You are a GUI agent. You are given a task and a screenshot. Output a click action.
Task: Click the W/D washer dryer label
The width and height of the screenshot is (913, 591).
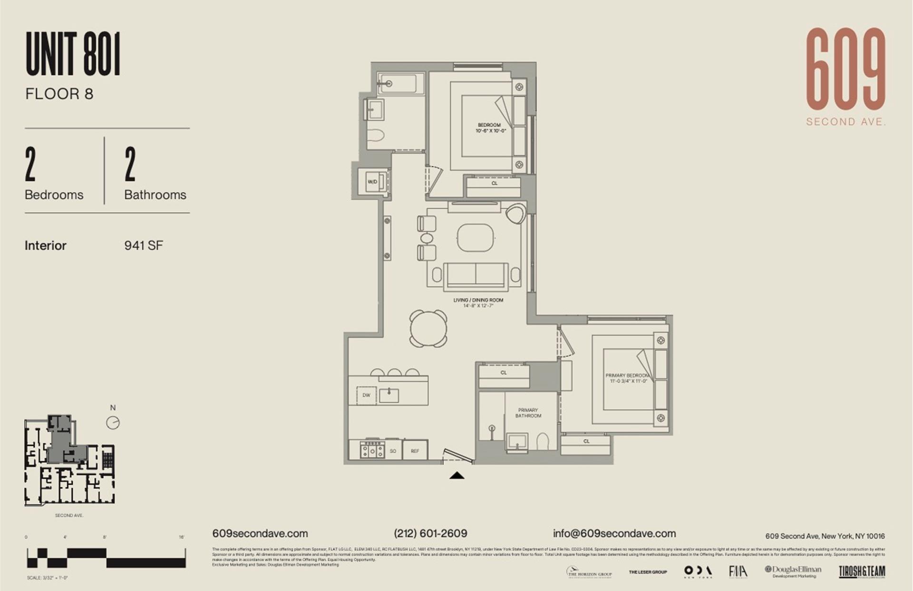(x=372, y=182)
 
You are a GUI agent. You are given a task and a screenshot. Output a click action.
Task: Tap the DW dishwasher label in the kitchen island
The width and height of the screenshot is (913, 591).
(x=366, y=395)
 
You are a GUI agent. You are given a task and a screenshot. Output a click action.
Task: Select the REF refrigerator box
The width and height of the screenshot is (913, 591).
(x=415, y=451)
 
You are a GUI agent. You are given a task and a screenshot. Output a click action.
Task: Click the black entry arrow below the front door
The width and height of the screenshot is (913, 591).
(x=456, y=475)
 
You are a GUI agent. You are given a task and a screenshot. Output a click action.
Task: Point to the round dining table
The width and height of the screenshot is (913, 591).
(x=428, y=328)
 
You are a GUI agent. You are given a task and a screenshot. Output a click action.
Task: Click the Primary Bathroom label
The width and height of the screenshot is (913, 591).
(x=528, y=413)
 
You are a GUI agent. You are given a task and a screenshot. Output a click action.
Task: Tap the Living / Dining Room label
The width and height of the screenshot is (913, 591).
(x=478, y=300)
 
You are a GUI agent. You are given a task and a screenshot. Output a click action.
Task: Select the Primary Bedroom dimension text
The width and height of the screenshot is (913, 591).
(x=626, y=381)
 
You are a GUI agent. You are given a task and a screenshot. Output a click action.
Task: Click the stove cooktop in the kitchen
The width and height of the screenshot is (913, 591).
(x=373, y=449)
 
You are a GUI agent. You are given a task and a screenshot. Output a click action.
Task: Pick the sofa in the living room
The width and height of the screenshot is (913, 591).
(x=476, y=276)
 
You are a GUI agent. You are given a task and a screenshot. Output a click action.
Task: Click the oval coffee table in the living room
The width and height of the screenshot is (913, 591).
(x=476, y=237)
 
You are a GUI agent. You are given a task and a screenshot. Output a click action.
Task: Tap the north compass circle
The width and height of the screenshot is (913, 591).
(x=113, y=423)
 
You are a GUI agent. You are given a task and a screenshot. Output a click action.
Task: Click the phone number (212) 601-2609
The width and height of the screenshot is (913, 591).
(x=430, y=533)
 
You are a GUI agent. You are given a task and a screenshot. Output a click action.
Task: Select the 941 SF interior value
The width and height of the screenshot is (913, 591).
(x=143, y=246)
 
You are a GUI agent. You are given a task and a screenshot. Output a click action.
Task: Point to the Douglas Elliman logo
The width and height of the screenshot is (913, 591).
(x=793, y=571)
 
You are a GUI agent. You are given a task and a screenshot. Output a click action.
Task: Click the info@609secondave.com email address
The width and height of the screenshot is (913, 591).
(x=614, y=533)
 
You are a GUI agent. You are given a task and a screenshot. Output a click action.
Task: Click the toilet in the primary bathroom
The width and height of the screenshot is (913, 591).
(x=543, y=441)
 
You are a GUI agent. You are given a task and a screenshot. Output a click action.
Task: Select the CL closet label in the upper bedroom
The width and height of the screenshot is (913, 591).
(x=494, y=183)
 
